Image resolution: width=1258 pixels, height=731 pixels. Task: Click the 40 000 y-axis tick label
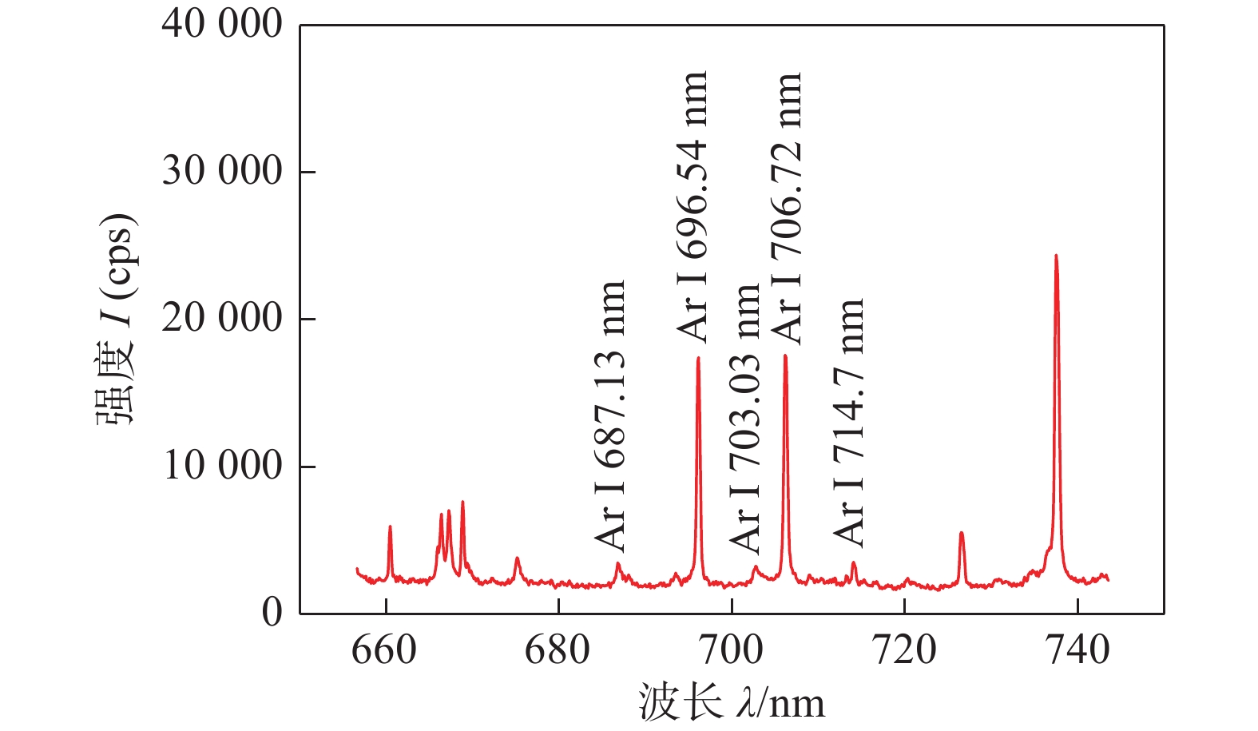point(221,25)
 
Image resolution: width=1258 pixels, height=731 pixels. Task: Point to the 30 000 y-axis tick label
point(221,172)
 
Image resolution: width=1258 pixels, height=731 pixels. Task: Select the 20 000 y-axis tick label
point(221,319)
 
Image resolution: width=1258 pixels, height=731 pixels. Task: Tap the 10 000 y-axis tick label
point(221,466)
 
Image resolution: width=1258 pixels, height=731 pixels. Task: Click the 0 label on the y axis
point(272,613)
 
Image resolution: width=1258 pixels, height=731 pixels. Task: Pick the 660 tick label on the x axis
point(384,650)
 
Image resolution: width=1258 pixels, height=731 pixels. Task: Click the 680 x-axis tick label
point(558,650)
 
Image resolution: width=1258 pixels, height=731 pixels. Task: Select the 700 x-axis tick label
point(731,650)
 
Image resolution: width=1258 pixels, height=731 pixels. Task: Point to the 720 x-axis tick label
point(904,650)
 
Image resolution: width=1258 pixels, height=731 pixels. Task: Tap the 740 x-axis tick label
point(1077,650)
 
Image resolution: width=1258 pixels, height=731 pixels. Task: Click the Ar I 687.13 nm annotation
point(610,415)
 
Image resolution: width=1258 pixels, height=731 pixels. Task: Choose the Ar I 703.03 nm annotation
point(745,417)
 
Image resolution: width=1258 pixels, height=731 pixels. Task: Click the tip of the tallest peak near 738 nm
point(1056,256)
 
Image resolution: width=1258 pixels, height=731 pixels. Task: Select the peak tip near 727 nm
point(962,533)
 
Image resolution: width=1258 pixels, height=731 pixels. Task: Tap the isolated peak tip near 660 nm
point(390,526)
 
